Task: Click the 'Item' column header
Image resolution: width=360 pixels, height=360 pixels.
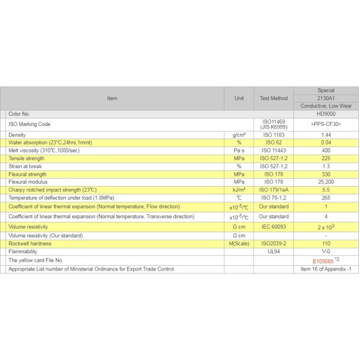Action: pos(112,98)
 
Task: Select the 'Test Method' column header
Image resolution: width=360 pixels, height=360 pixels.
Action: pos(274,98)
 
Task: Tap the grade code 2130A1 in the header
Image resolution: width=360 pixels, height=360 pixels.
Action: pos(326,98)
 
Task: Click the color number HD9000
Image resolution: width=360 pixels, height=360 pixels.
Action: pos(326,113)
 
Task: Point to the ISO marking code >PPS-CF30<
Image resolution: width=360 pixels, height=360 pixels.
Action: pos(326,124)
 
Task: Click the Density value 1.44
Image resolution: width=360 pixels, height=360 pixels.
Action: pos(326,135)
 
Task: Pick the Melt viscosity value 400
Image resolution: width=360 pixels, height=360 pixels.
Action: pos(326,151)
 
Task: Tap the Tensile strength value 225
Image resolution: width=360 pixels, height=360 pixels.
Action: pos(326,158)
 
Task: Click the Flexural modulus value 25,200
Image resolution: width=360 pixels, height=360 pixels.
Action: pos(326,182)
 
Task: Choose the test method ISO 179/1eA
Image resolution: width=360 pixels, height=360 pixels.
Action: pos(274,190)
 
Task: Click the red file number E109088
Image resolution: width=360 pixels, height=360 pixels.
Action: pos(323,261)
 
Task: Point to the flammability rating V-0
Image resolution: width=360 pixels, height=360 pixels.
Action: pos(326,252)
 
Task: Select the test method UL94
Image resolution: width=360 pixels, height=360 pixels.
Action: pos(274,252)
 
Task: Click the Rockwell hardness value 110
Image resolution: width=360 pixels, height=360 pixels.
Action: pos(326,244)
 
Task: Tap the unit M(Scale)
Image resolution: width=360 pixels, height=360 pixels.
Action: pos(238,244)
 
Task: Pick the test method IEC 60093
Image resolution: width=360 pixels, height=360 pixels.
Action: pos(274,227)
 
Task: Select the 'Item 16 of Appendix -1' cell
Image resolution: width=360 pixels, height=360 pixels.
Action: pos(326,269)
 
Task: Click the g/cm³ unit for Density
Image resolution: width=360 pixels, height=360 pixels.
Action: pos(238,135)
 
